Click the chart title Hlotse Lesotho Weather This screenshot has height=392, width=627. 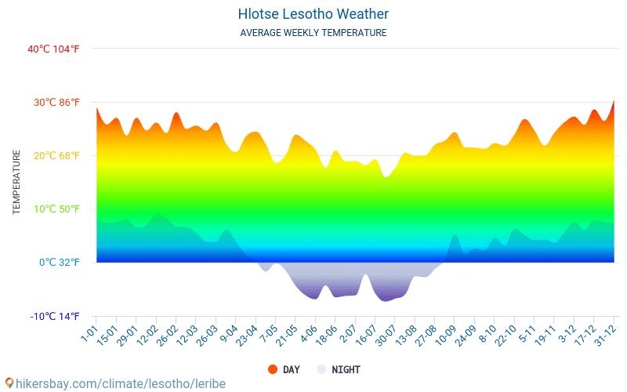point(313,14)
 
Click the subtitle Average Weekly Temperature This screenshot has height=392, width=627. point(313,33)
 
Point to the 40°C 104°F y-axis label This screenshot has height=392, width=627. point(53,49)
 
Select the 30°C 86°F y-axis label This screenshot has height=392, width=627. point(53,102)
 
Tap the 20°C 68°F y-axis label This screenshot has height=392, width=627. point(53,155)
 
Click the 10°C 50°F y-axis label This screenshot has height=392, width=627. point(53,209)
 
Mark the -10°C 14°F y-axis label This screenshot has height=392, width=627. point(53,316)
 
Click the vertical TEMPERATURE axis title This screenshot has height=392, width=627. point(16,182)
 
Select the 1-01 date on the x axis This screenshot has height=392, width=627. point(89,335)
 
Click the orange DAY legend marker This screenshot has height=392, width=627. point(272,369)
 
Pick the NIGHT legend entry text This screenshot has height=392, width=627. point(346,369)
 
